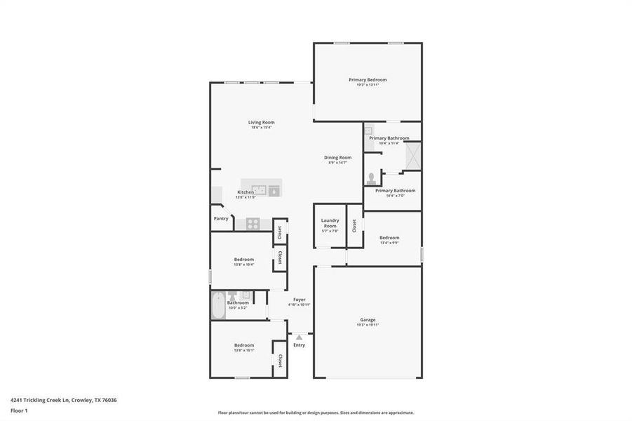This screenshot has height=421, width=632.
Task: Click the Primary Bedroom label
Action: [x=368, y=80]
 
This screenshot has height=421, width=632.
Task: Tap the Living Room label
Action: [x=261, y=122]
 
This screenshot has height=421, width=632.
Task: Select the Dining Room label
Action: [x=337, y=157]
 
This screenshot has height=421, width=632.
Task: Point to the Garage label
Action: [x=368, y=319]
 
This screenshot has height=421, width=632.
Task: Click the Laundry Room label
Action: [x=330, y=224]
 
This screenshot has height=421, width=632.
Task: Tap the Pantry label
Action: [x=221, y=218]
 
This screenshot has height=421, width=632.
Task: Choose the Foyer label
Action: [x=299, y=299]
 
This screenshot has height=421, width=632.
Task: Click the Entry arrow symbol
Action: [x=299, y=338]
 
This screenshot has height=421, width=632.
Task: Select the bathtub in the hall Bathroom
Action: [x=218, y=305]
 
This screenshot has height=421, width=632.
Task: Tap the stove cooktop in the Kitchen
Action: [x=252, y=224]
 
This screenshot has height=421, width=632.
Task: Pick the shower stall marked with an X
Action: [x=412, y=156]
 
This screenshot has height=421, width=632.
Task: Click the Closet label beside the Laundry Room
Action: [x=355, y=225]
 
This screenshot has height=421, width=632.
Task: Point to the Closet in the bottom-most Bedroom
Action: [x=280, y=361]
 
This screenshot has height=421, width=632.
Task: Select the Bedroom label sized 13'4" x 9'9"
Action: [x=389, y=238]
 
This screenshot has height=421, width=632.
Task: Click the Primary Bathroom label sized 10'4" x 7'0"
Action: [x=395, y=190]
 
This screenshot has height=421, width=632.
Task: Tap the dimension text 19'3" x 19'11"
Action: [x=368, y=325]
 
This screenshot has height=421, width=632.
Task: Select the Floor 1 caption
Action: [x=19, y=412]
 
